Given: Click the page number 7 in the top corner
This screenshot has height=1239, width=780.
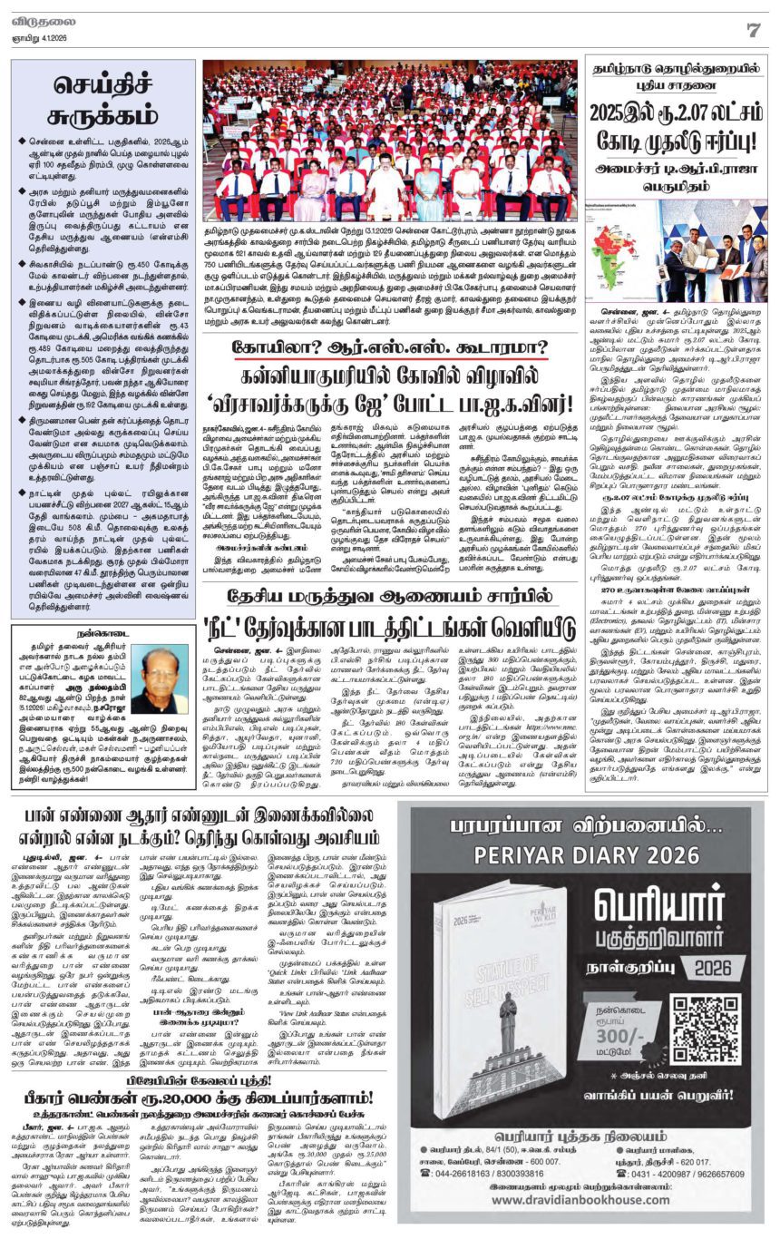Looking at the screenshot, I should pos(752,30).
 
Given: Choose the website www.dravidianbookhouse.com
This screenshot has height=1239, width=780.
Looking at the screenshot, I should pos(583,1217).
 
